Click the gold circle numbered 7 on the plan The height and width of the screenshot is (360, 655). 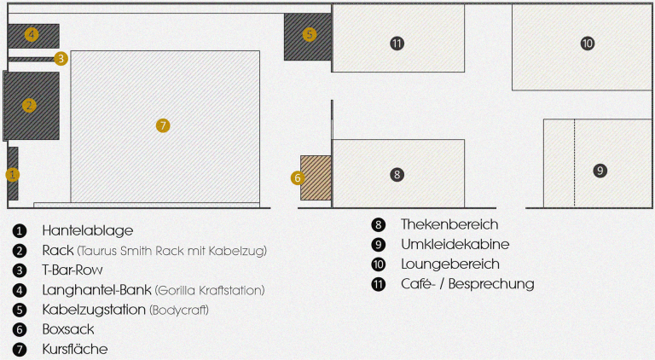163,125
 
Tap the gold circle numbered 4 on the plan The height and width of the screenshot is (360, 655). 32,35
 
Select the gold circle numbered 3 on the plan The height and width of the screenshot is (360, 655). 61,59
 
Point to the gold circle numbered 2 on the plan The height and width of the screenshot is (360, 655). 29,106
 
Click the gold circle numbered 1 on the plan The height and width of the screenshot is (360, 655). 12,174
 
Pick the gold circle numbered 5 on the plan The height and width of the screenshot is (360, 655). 310,35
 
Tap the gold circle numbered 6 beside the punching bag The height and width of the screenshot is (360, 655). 297,178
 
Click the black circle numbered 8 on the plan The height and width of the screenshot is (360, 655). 397,174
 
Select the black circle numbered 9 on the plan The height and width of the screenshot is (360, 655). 600,171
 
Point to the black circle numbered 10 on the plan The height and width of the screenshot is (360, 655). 587,44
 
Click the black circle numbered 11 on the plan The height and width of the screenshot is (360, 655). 397,44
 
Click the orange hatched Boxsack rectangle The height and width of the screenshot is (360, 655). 316,177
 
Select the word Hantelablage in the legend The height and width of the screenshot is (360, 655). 88,230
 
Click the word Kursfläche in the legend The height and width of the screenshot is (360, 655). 75,349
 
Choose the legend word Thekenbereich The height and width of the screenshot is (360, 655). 449,225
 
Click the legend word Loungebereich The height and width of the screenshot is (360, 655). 450,264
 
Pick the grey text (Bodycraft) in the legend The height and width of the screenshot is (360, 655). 179,310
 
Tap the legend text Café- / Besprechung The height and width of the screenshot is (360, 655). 467,284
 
